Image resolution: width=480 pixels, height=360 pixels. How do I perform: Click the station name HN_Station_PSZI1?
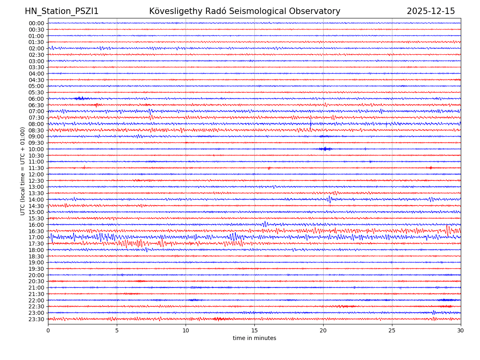pos(62,11)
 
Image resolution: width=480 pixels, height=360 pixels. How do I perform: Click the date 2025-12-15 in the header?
pos(431,11)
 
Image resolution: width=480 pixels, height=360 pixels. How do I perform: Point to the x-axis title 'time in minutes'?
pos(254,338)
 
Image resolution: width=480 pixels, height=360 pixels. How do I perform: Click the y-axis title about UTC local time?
pos(23,171)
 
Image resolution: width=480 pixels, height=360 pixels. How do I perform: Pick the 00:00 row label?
pos(36,23)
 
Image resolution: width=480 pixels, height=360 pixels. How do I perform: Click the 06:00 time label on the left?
pos(36,99)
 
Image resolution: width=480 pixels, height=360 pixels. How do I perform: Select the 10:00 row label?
pos(36,149)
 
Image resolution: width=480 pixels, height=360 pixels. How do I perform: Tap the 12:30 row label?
pos(36,181)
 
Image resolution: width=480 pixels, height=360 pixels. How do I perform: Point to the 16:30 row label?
pos(36,231)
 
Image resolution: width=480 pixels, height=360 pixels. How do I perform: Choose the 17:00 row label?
pos(36,237)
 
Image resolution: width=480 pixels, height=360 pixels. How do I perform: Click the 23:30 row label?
pos(36,319)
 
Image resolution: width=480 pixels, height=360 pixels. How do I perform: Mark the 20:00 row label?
pos(36,275)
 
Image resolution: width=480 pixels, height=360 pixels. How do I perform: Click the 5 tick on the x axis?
pos(117,330)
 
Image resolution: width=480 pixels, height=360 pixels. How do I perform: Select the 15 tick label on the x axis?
pos(254,330)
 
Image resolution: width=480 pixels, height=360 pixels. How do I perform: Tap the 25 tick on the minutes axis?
pos(392,330)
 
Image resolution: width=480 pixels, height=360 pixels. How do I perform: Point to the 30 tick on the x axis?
pos(461,330)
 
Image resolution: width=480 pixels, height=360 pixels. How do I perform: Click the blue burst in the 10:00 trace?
pos(325,149)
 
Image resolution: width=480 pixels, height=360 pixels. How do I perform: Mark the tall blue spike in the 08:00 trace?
pos(310,123)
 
